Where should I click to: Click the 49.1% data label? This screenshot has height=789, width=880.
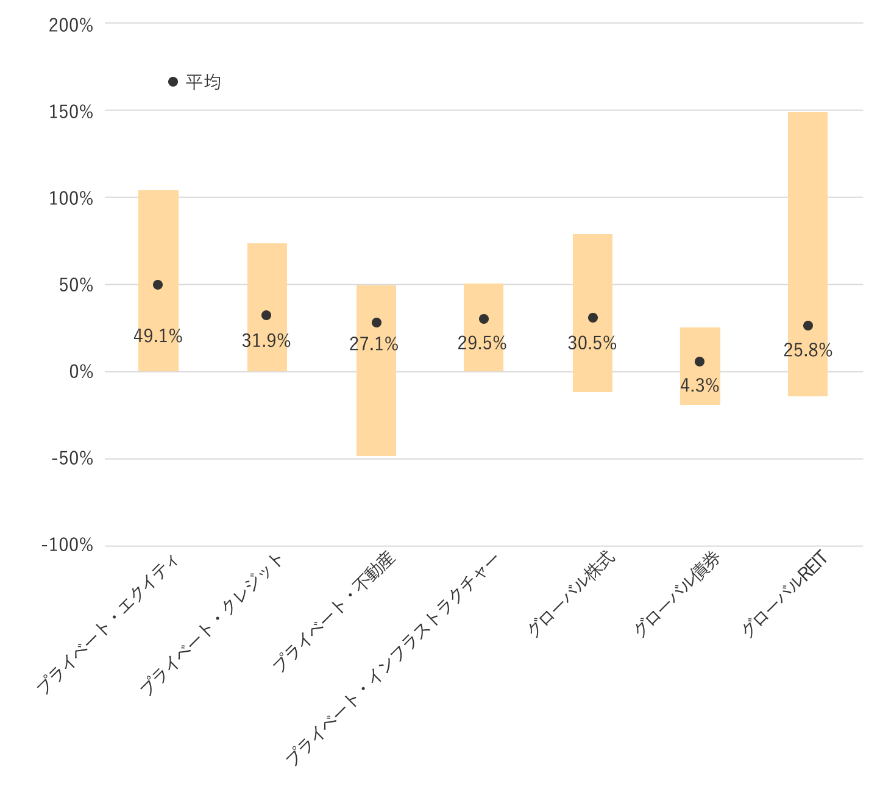158,336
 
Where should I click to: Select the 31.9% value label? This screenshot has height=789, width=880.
266,341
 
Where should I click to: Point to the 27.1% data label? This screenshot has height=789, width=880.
374,345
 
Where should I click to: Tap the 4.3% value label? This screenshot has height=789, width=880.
700,386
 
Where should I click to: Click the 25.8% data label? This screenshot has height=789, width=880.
807,351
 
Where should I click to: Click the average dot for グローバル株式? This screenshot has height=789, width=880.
593,318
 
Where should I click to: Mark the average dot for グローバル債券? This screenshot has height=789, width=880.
700,362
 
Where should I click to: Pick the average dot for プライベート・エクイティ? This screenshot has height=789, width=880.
158,285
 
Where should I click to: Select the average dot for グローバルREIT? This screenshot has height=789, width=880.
808,326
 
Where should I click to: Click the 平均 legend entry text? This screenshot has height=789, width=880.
203,82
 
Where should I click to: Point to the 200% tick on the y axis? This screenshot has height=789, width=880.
71,26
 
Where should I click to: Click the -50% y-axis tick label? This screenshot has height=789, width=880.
71,459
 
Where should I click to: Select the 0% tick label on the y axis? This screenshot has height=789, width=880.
80,372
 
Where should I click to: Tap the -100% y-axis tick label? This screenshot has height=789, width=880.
67,545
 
